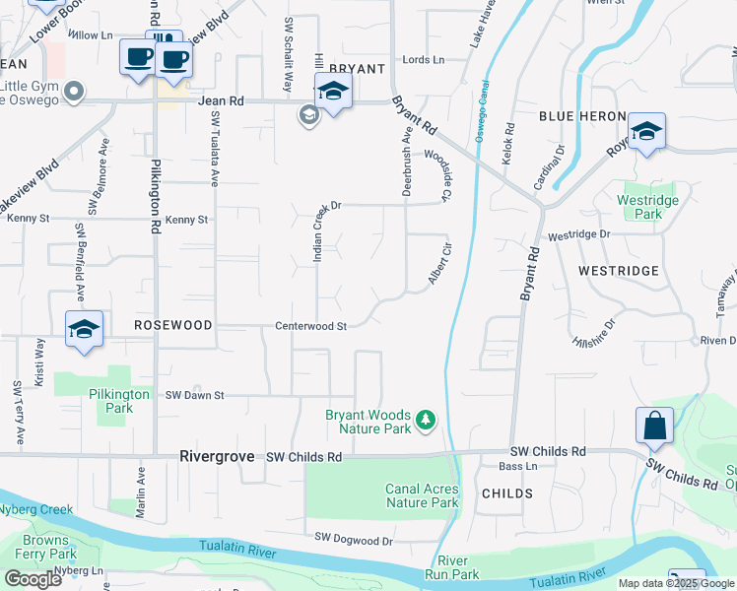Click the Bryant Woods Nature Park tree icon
point(426,421)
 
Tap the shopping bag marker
point(654,427)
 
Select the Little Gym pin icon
point(74,93)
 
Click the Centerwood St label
point(310,326)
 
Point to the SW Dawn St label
point(195,395)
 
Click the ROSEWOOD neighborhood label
point(173,324)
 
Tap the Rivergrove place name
point(217,457)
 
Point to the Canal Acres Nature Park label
point(422,495)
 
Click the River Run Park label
point(452,566)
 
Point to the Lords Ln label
point(424,60)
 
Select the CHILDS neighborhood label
point(506,493)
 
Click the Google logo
point(33,578)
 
